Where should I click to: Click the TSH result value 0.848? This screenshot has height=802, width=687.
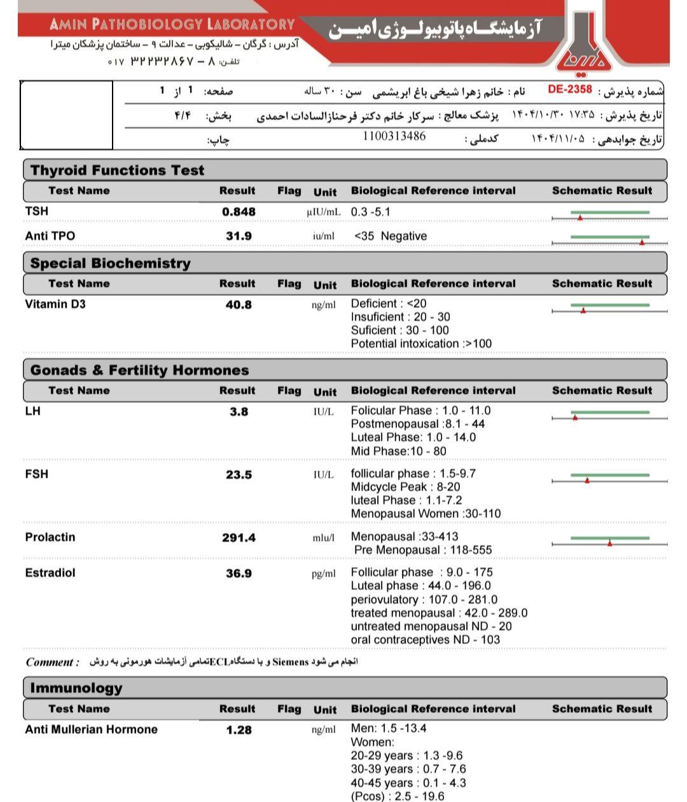click(239, 212)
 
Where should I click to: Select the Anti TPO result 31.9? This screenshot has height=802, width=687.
click(239, 236)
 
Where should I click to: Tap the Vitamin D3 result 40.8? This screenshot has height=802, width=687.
click(239, 305)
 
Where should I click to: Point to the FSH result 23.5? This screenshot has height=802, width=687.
click(239, 475)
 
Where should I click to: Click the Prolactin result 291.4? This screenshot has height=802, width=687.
click(239, 538)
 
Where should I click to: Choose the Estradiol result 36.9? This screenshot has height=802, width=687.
click(239, 573)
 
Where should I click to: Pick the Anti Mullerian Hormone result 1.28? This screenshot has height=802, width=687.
click(239, 730)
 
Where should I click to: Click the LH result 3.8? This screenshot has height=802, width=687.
click(239, 412)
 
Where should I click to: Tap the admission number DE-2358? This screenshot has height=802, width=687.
click(570, 90)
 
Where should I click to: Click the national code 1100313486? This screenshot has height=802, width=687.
click(394, 136)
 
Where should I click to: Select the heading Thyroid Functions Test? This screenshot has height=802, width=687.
click(117, 171)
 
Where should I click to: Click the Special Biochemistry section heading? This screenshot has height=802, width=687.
click(110, 264)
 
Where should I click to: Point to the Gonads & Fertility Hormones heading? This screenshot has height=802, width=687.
click(139, 370)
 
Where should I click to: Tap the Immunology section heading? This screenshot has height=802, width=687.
click(76, 688)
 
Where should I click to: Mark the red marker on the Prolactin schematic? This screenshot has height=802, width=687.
click(609, 543)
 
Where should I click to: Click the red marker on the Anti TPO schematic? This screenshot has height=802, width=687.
click(642, 242)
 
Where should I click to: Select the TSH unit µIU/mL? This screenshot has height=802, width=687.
click(323, 212)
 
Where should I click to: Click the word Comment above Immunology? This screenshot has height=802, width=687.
click(50, 662)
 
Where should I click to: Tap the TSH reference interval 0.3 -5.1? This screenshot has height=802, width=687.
click(371, 212)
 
